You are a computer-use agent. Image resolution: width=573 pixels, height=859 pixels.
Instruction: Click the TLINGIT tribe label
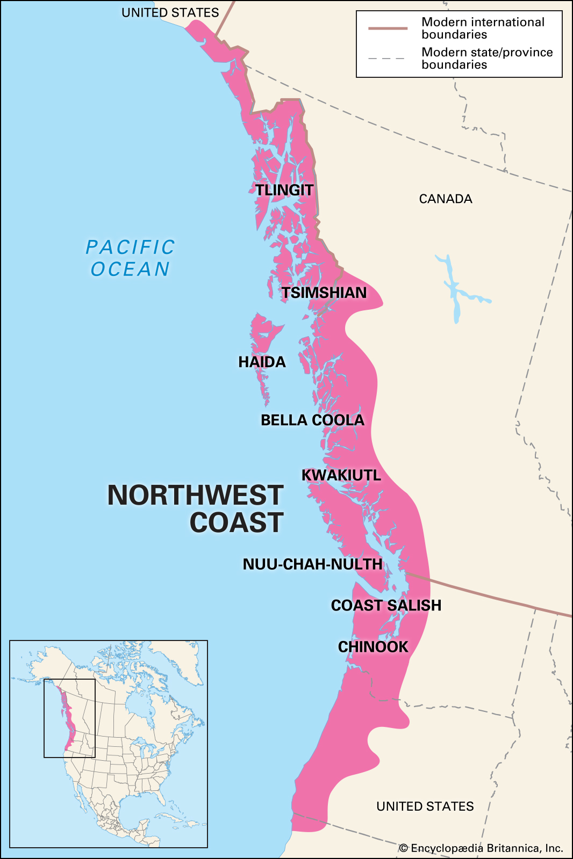pos(284,190)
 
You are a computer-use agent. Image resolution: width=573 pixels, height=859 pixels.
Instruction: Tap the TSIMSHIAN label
pos(324,293)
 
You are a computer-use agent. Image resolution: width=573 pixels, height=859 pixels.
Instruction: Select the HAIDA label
pos(262,362)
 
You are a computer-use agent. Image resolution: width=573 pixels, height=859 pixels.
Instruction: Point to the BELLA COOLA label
pos(312,420)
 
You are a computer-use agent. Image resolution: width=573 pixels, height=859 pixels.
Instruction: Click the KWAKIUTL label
pos(341,475)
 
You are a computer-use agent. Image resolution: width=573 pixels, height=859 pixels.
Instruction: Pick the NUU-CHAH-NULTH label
pos(312,564)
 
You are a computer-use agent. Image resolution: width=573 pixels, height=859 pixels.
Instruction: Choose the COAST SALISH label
pos(386,606)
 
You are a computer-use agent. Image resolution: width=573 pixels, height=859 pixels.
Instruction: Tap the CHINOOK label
pos(373,647)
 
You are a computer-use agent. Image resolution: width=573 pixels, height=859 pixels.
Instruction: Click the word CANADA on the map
pos(446,199)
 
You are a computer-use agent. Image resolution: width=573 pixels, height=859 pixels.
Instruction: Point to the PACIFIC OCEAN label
pos(131,258)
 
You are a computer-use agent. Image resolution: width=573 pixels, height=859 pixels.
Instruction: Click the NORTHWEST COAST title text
pos(196,508)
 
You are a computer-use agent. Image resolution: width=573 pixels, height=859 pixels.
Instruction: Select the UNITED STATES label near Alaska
pos(170,13)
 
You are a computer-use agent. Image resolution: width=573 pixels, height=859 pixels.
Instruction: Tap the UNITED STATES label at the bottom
pos(425,806)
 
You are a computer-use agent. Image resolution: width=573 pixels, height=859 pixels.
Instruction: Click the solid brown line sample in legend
pos(388,28)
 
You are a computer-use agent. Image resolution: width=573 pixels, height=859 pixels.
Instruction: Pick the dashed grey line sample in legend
pos(388,58)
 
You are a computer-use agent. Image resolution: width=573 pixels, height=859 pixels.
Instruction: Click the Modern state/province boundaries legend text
pos(486,59)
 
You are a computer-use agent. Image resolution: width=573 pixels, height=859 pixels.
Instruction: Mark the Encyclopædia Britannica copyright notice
pos(481,848)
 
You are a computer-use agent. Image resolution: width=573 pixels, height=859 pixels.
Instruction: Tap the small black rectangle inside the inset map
pos(69,718)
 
